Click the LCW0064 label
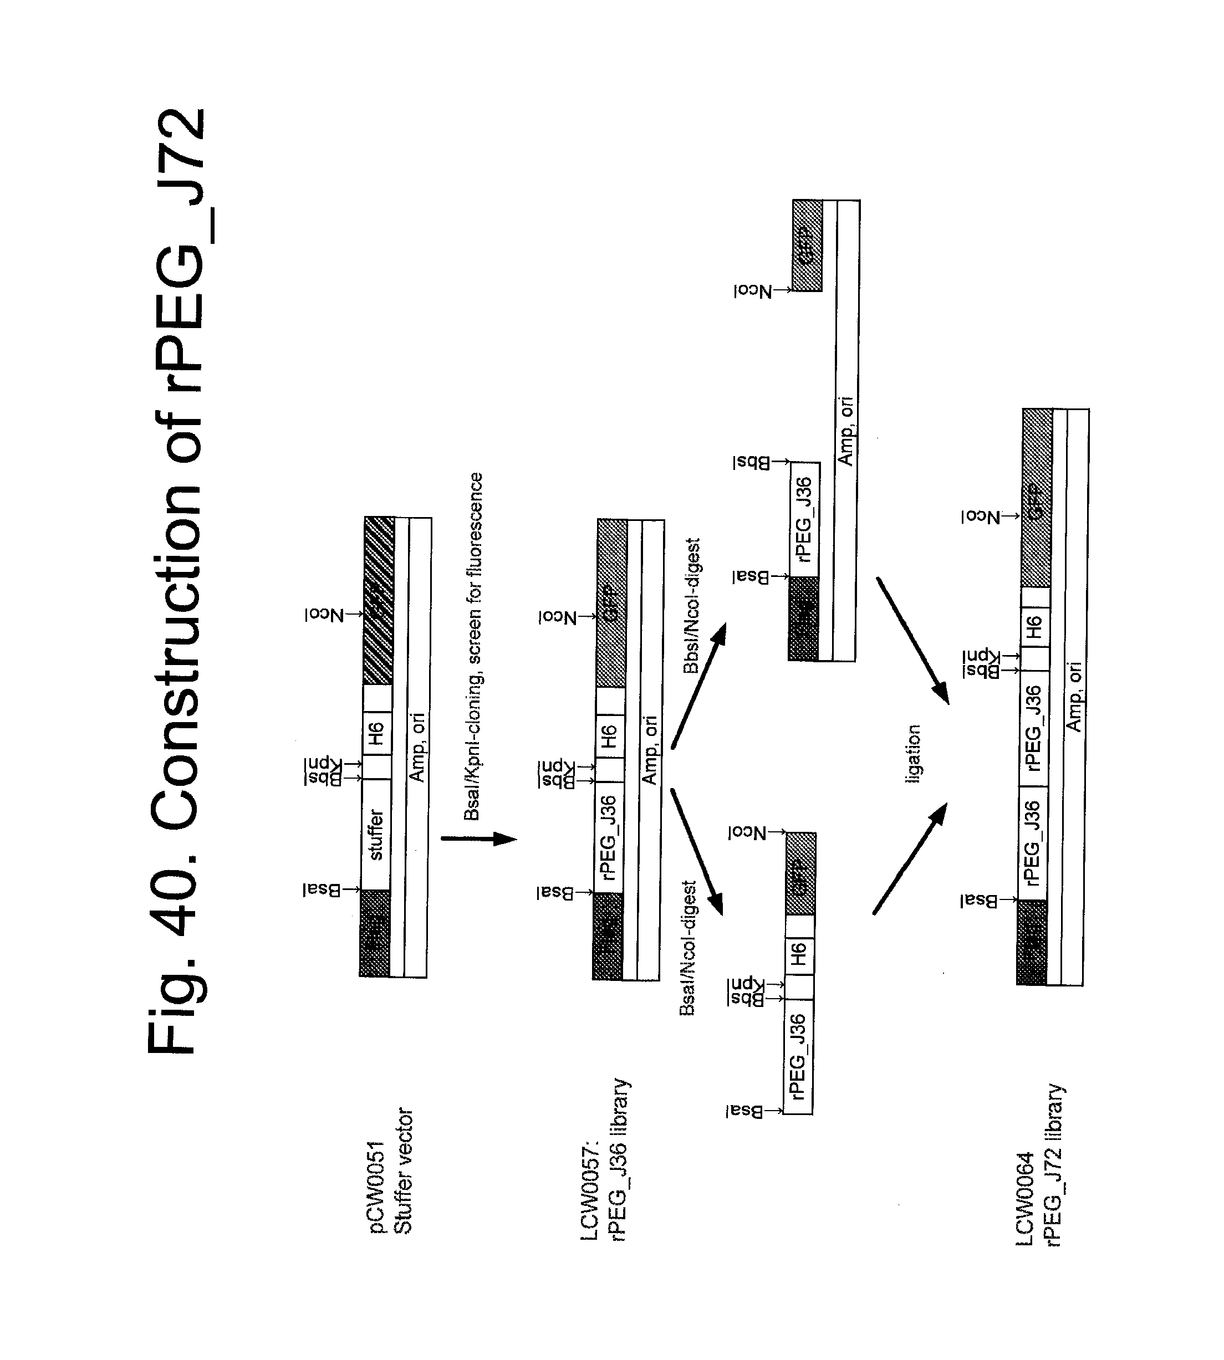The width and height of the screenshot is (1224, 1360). point(1025,1199)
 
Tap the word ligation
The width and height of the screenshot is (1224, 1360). point(912,754)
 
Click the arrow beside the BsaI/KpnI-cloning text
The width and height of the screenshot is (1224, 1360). point(479,839)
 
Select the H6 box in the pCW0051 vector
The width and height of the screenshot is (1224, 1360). point(376,733)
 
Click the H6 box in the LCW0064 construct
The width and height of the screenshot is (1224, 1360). point(1035,627)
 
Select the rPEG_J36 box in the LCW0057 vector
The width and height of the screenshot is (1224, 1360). point(609,837)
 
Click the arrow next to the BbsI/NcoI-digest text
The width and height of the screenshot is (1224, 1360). point(699,686)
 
